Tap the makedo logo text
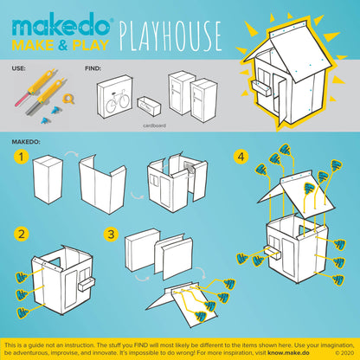pyautogui.click(x=59, y=18)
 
